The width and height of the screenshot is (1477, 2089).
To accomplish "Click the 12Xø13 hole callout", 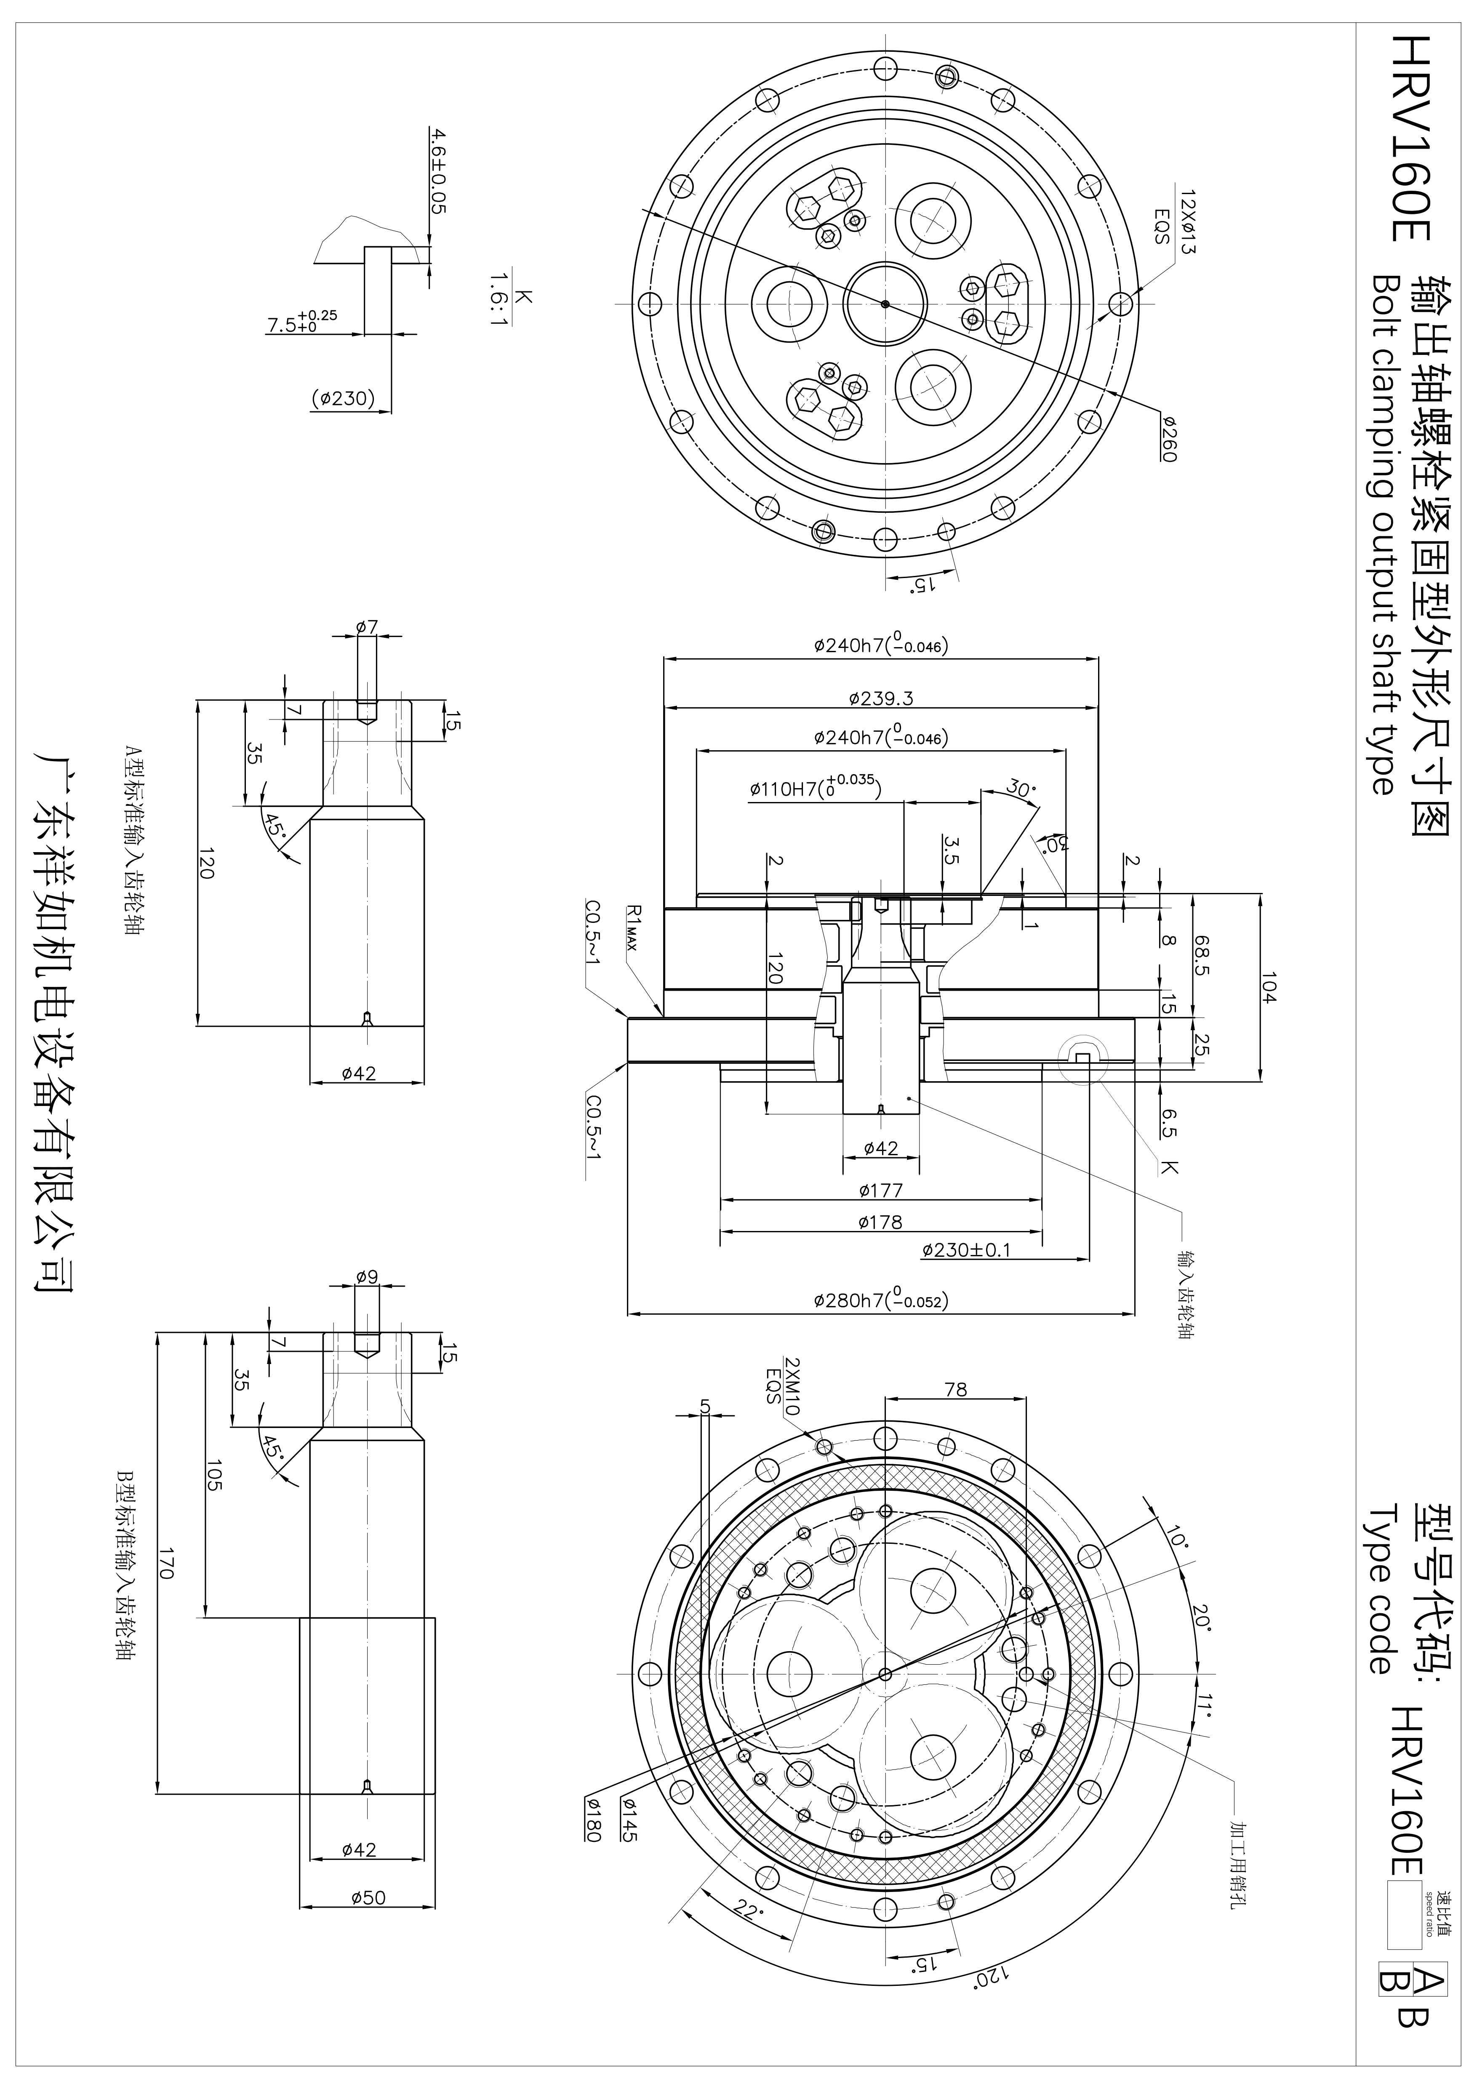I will [1186, 222].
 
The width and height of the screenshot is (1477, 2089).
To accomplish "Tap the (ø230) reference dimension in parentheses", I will [343, 399].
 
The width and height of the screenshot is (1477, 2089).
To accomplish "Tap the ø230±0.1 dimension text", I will [965, 1250].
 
